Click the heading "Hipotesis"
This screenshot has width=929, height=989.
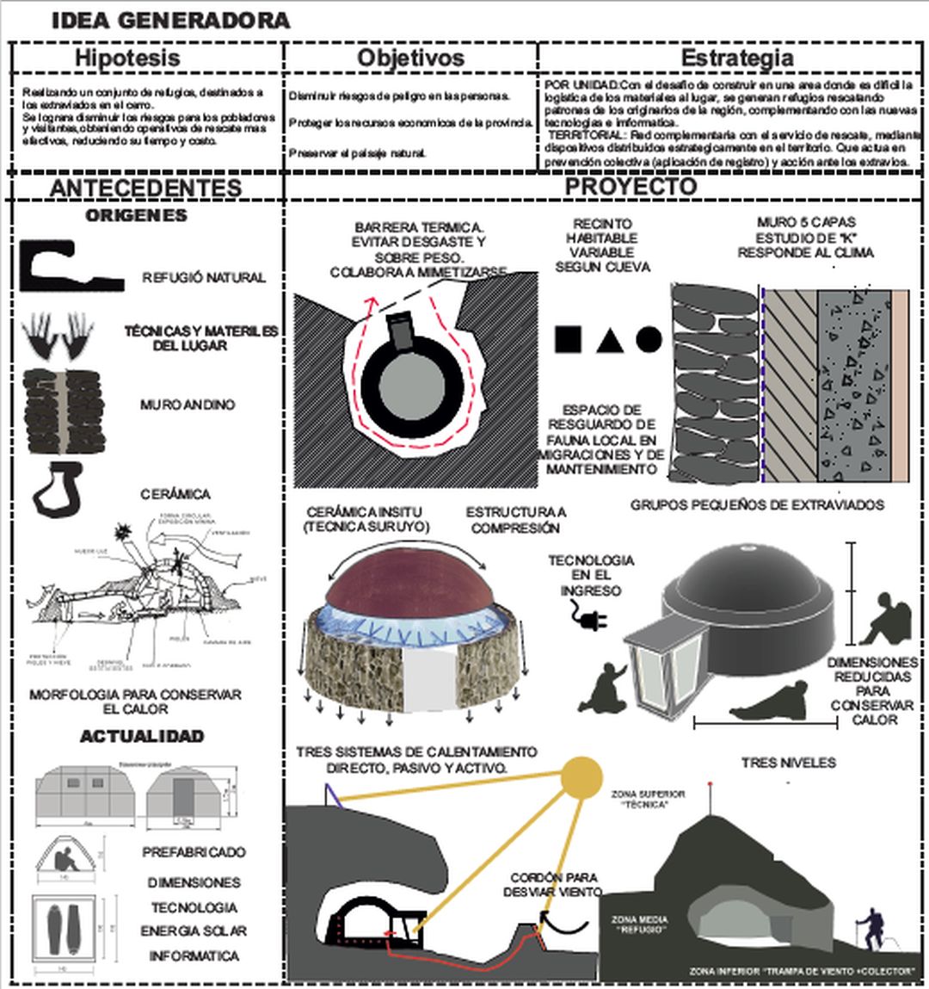coord(127,59)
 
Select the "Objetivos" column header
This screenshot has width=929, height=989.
coord(410,59)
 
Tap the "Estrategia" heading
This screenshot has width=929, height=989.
coord(736,59)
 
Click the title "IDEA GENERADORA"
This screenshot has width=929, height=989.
coord(170,21)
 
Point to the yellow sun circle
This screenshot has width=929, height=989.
coord(582,776)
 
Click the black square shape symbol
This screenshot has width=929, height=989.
coord(569,340)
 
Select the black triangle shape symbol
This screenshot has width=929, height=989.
coord(609,341)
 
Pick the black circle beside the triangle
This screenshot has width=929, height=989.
coord(649,340)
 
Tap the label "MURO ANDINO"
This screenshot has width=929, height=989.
coord(188,405)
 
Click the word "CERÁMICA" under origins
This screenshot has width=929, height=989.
coord(175,494)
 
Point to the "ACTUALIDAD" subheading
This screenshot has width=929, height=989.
coord(142,736)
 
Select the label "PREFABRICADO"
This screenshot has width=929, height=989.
coord(194,852)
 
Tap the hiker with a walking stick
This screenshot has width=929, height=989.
coord(872,930)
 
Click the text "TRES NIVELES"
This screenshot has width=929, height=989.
coord(788,763)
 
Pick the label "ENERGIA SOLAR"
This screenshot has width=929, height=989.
coord(194,931)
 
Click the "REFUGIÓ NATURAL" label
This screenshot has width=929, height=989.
coord(204,278)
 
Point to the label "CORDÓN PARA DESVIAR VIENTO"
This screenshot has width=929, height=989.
coord(552,884)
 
